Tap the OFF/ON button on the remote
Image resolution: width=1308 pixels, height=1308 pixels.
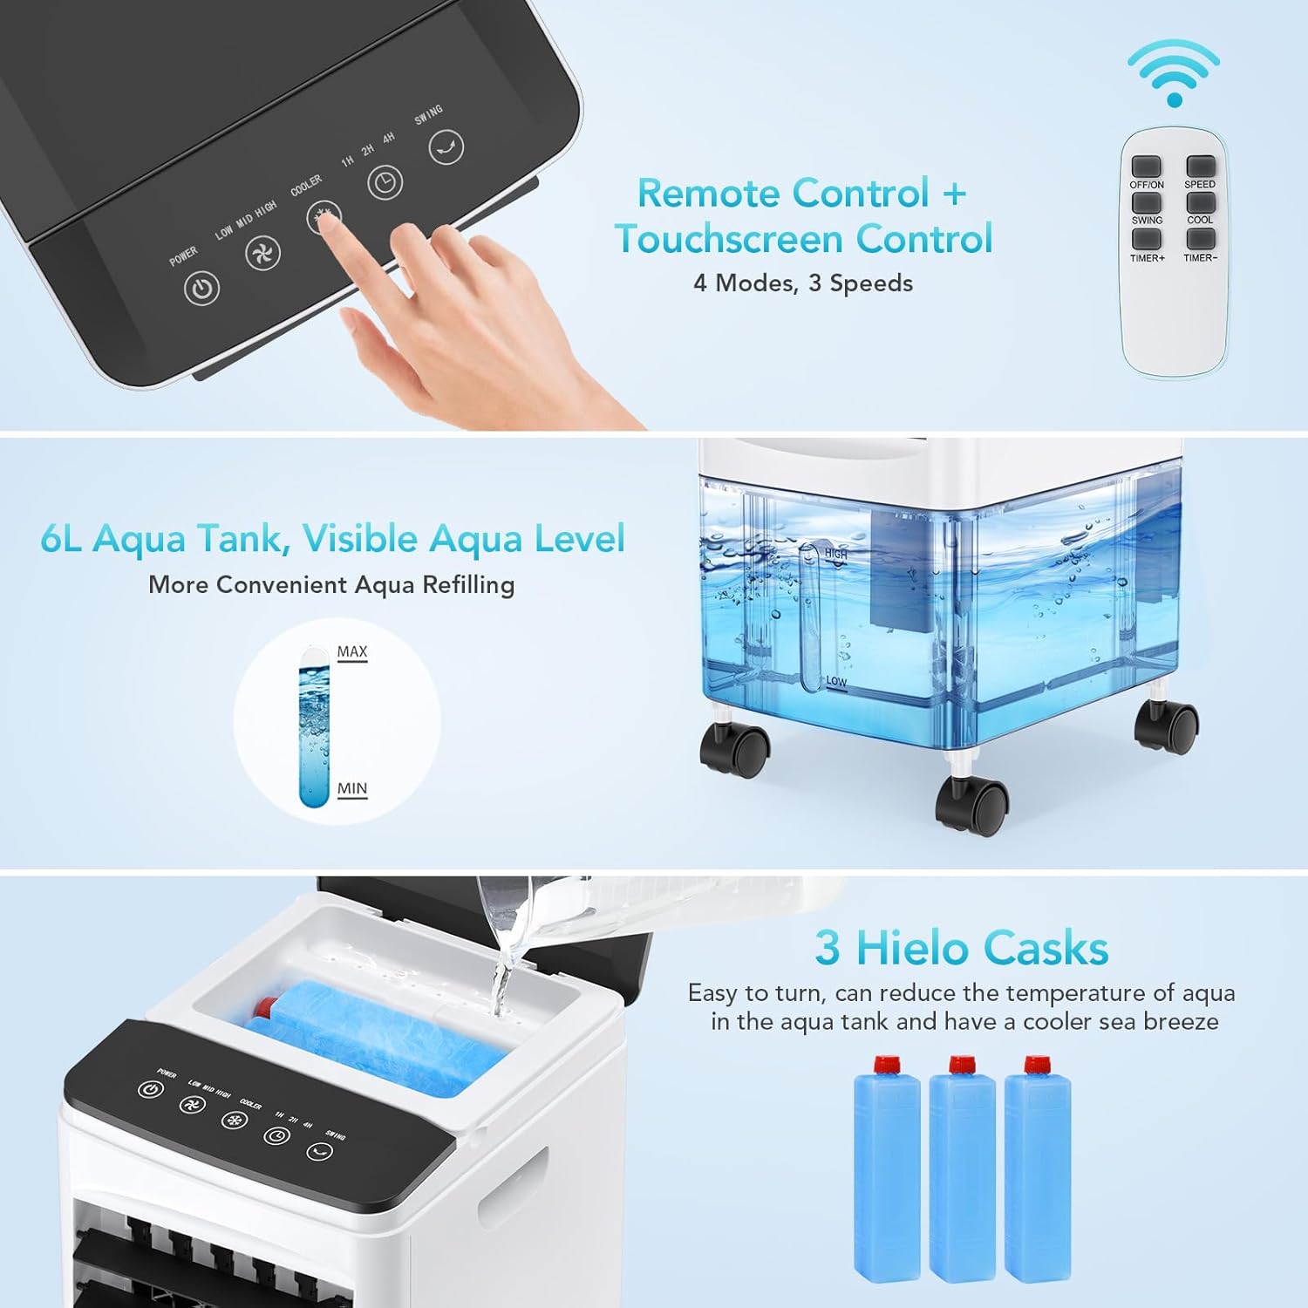[x=1146, y=166]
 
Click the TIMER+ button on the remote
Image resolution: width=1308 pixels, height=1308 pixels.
[x=1146, y=239]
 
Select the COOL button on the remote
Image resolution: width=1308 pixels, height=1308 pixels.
[x=1200, y=202]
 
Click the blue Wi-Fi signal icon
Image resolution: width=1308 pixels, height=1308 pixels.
[x=1173, y=74]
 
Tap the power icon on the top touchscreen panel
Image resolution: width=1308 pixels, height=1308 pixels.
[x=201, y=289]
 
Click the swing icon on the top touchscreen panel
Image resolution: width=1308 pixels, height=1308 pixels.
[x=446, y=147]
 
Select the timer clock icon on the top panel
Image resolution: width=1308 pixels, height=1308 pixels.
[x=385, y=182]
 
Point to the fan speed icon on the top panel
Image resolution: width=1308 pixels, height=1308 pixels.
[x=262, y=253]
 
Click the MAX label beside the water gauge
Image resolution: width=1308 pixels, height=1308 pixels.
[x=351, y=651]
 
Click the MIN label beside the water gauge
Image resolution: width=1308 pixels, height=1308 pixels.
[x=351, y=788]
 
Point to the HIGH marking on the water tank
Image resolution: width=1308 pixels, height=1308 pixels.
[x=835, y=554]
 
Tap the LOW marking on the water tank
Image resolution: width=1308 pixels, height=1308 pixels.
[x=835, y=681]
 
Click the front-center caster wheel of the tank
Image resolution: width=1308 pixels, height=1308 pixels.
[x=972, y=807]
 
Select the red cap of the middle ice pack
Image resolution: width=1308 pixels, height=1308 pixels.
[x=961, y=1065]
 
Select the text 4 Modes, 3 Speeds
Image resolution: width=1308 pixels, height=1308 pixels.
[x=802, y=283]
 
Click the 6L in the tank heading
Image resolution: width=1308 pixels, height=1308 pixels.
[x=61, y=539]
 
